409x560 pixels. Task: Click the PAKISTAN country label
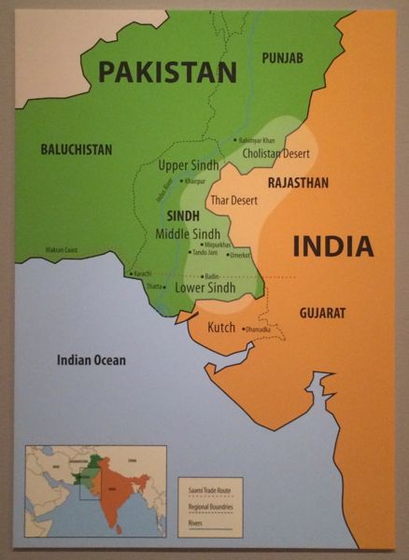tap(168, 71)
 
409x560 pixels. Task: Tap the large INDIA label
tap(333, 246)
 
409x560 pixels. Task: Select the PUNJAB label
tap(282, 58)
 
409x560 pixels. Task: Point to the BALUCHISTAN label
tap(77, 148)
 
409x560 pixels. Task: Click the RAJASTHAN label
tap(298, 183)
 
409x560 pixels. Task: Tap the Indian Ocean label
tap(91, 359)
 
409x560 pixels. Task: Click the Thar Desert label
tap(233, 200)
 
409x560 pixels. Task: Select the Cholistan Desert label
tap(274, 153)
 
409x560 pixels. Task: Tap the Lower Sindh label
tap(204, 288)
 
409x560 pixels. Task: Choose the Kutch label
tap(220, 329)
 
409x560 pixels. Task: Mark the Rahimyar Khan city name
tap(257, 140)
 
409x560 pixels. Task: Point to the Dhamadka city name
tap(259, 329)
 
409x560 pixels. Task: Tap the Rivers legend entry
tap(195, 523)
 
